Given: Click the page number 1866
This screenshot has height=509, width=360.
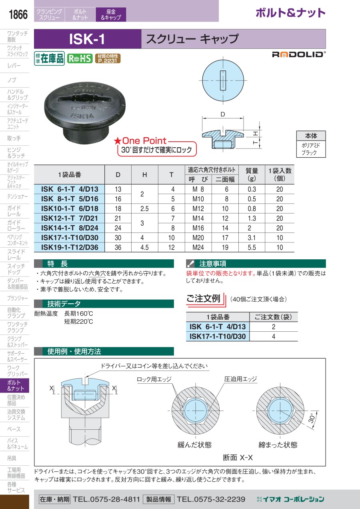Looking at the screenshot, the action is [18, 14].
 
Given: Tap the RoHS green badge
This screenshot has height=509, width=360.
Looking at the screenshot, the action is [80, 58].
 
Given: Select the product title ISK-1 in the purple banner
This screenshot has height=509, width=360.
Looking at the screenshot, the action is [87, 39].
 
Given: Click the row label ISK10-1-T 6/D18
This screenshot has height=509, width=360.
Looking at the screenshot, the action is [70, 208].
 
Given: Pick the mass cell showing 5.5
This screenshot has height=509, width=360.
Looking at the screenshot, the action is [252, 247].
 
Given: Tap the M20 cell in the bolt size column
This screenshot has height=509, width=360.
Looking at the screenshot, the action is [198, 238].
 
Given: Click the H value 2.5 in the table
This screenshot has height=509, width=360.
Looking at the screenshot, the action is [144, 208].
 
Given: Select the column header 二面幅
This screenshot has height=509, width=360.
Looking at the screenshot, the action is [225, 180].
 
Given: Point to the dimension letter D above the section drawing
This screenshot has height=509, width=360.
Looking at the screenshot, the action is [223, 114].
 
